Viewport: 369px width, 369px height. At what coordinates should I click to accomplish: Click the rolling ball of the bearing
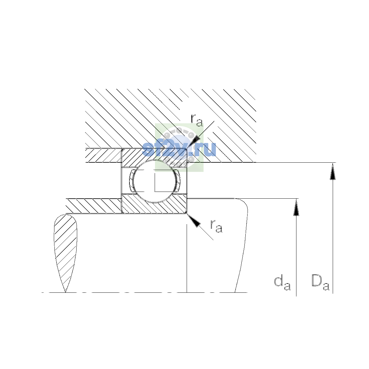click(x=155, y=181)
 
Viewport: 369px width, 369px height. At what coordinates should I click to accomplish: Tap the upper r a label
click(x=196, y=120)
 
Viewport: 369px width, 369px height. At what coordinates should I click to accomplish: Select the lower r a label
click(x=216, y=226)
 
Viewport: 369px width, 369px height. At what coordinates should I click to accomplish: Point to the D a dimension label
click(x=320, y=283)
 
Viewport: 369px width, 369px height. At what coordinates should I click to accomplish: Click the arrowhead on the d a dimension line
click(x=296, y=207)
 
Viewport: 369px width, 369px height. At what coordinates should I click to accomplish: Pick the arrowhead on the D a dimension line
click(x=333, y=171)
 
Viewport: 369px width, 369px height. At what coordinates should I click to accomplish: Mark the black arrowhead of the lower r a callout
click(x=193, y=220)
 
